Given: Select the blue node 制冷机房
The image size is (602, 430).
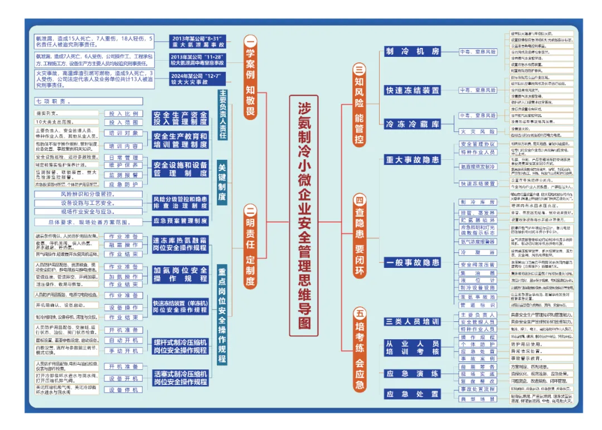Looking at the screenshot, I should coord(413,51).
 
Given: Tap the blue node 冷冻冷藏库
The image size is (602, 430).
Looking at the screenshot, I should coord(413,124).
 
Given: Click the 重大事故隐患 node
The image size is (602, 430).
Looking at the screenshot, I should coord(413,160).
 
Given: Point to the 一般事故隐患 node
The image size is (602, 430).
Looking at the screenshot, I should coord(413,262).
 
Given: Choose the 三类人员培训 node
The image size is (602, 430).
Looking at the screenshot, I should coord(413,321).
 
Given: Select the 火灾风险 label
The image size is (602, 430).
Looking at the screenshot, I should coord(477,131).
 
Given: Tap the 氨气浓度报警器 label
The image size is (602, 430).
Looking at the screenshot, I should coord(477,242).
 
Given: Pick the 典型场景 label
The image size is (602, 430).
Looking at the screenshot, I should coord(477,399).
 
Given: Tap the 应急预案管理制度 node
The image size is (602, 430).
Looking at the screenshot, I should coord(180,221).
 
